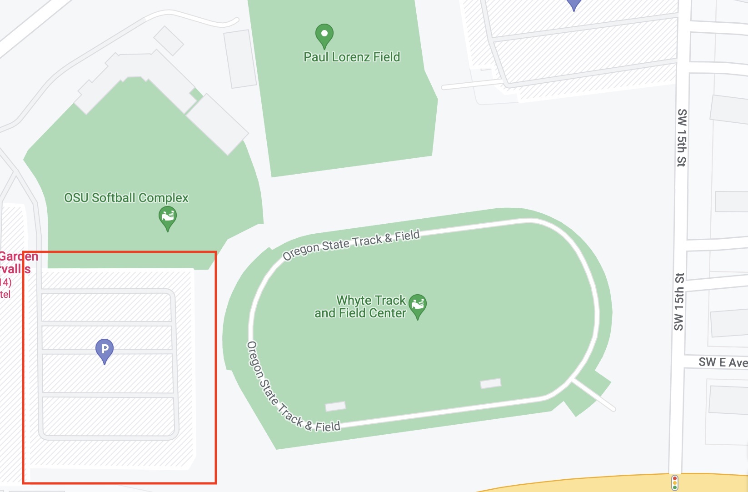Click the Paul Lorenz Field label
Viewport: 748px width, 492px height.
352,57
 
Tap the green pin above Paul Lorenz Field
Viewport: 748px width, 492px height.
324,35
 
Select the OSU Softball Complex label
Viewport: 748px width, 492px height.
126,198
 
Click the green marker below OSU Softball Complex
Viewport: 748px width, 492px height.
167,218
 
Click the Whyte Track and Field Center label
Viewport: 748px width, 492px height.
360,306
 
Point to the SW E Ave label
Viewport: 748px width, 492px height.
723,362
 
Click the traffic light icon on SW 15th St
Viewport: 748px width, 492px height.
675,482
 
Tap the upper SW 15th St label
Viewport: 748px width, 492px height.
682,138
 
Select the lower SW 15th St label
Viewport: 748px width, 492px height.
679,301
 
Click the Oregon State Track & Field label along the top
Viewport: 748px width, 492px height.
351,245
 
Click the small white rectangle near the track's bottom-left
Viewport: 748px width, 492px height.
335,406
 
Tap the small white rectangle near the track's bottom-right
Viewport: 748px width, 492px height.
490,383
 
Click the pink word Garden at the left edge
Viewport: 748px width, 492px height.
19,256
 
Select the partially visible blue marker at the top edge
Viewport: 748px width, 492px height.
574,4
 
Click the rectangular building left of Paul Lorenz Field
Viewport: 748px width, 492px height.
240,59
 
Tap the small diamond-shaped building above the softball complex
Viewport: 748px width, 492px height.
169,40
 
